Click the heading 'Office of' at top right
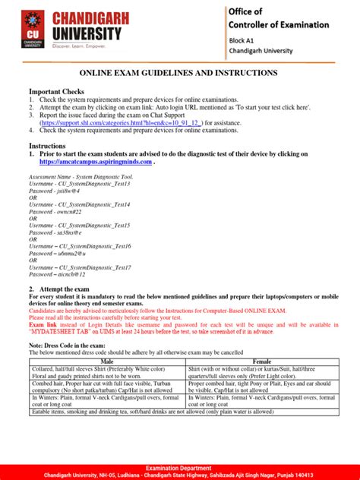[x=248, y=11]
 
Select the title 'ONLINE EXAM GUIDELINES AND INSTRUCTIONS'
[x=179, y=73]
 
